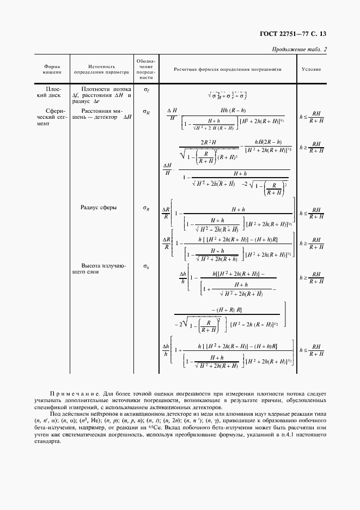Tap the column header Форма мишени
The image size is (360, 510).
[x=52, y=69]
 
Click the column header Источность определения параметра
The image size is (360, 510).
[x=101, y=69]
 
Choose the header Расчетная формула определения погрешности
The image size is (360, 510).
[x=227, y=69]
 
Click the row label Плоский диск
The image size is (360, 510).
[x=53, y=92]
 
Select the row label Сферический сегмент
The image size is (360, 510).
[x=52, y=117]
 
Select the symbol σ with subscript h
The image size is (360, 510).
[x=146, y=266]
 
